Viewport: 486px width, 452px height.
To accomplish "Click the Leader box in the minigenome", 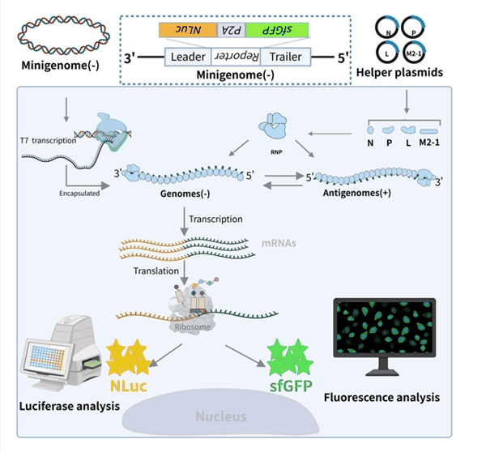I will (x=188, y=58).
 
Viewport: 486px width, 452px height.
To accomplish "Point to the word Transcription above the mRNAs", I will (x=215, y=220).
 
